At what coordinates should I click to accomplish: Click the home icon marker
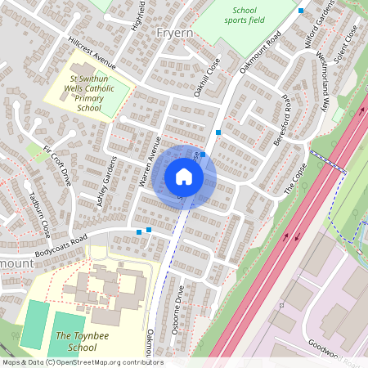pyautogui.click(x=183, y=177)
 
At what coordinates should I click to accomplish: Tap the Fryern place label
pyautogui.click(x=173, y=34)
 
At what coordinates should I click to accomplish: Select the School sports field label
pyautogui.click(x=244, y=16)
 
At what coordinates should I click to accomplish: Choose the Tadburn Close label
pyautogui.click(x=40, y=214)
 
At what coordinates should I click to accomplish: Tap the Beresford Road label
pyautogui.click(x=286, y=122)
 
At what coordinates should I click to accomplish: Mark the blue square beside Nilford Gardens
pyautogui.click(x=302, y=11)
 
